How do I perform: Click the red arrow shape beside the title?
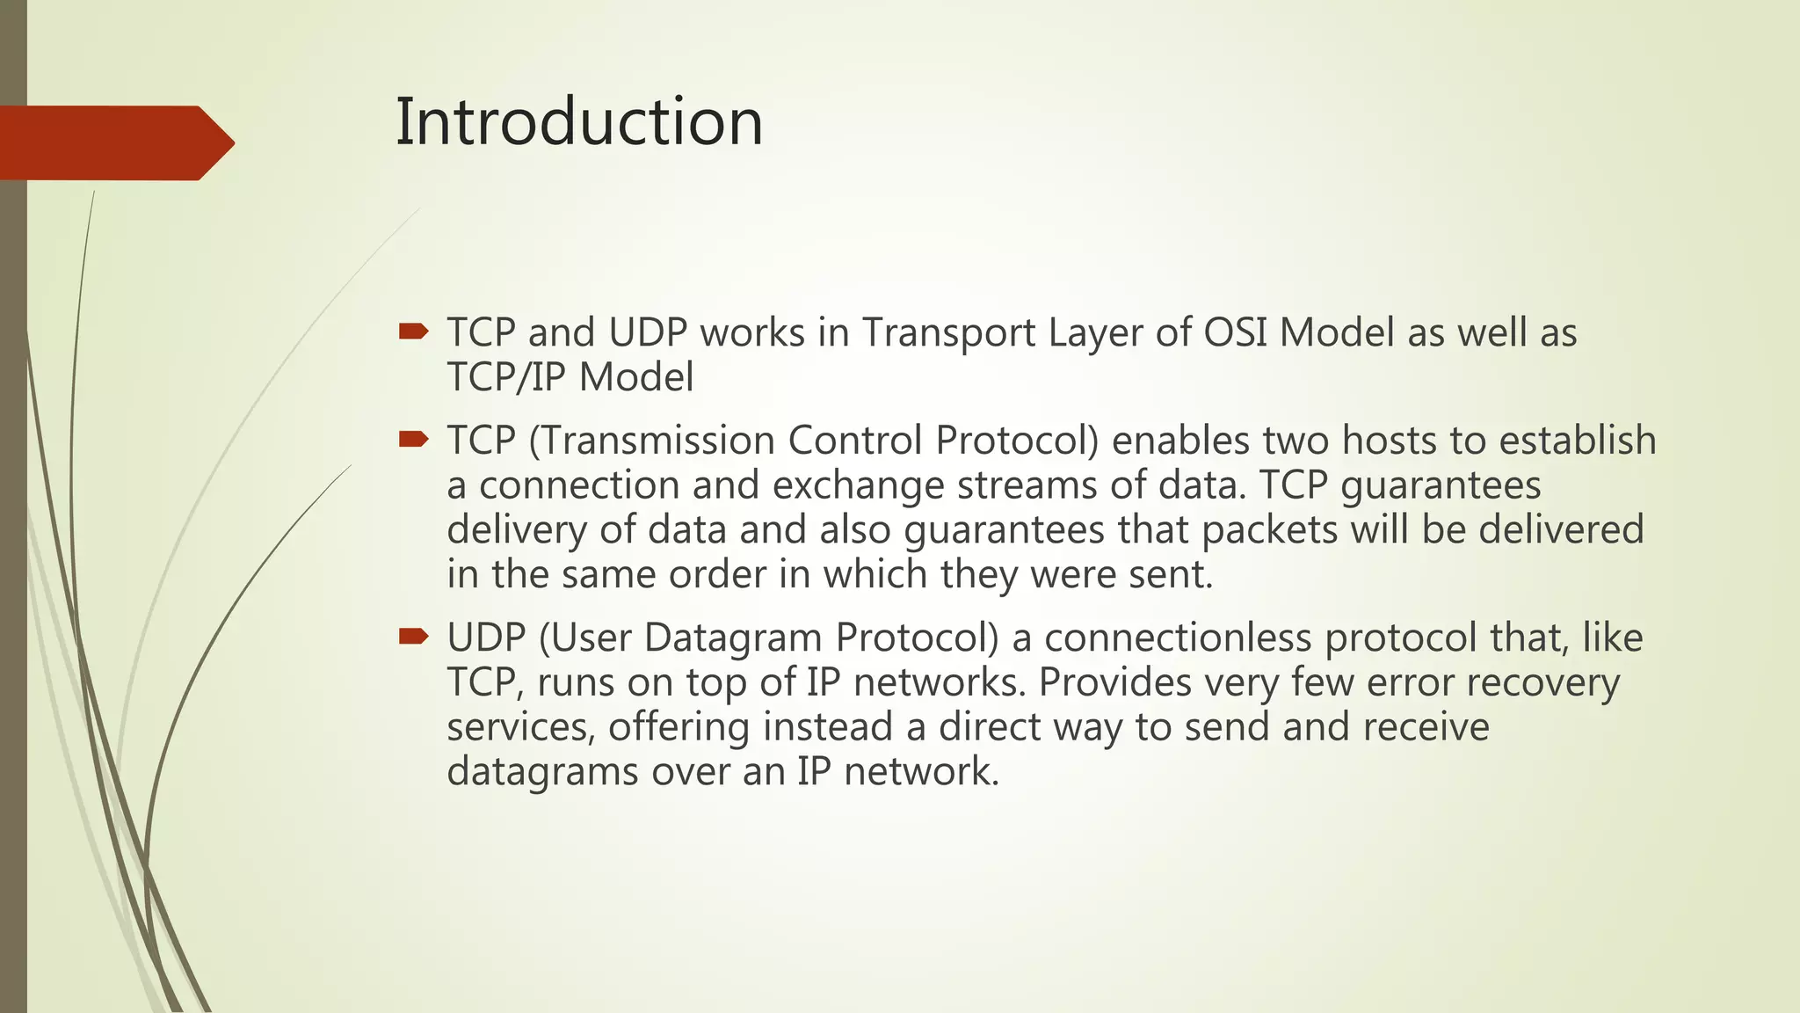coord(114,143)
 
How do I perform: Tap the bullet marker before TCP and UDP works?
coord(412,332)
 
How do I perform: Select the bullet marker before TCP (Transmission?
coord(412,439)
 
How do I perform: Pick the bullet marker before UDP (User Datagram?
coord(412,636)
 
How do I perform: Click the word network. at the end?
coord(921,772)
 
